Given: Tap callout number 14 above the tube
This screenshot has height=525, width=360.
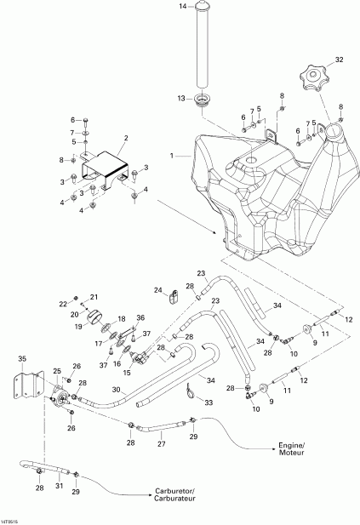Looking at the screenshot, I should [x=181, y=7].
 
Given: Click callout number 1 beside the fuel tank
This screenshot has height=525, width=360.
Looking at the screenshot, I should [x=174, y=157].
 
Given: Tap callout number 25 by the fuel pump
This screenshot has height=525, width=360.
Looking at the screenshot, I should [x=57, y=372].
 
